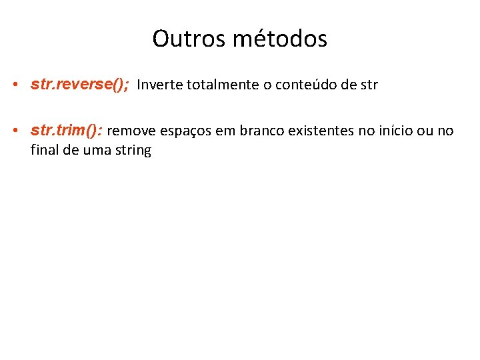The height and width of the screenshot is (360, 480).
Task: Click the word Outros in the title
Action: pyautogui.click(x=189, y=39)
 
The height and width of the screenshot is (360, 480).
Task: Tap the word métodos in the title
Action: pyautogui.click(x=280, y=39)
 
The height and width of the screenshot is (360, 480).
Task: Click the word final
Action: pyautogui.click(x=43, y=149)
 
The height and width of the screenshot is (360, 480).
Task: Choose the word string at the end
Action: pyautogui.click(x=133, y=150)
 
